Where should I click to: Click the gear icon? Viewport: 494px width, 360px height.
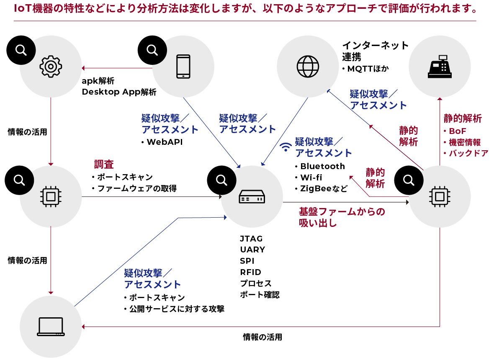pos(51,66)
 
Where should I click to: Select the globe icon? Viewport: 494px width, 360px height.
pos(308,66)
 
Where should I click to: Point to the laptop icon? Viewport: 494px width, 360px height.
pos(51,327)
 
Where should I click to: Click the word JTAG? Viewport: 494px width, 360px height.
pos(251,239)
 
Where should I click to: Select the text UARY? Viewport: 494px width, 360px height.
pos(252,250)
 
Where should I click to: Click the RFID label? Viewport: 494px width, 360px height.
pos(250,273)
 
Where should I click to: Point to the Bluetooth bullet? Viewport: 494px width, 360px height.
pos(322,167)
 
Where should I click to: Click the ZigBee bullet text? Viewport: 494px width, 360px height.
pos(323,188)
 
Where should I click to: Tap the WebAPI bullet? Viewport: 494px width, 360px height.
pos(165,142)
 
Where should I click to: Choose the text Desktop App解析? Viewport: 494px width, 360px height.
pos(119,92)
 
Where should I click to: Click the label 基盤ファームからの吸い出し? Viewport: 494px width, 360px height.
pos(341,217)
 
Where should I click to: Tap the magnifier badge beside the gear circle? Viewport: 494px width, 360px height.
pos(19,50)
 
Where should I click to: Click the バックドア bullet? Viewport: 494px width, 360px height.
pos(469,153)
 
